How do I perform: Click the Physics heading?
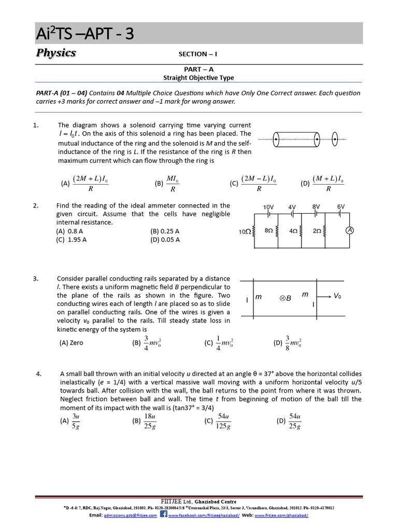click(x=56, y=53)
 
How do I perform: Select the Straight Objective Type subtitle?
click(x=198, y=78)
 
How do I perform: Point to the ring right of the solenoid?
click(x=335, y=139)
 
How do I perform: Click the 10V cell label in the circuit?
click(x=268, y=206)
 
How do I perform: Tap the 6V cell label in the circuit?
click(x=340, y=206)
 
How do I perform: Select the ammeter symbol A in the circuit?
click(x=349, y=231)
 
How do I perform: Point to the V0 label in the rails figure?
click(x=337, y=296)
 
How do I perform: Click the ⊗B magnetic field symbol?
click(x=286, y=298)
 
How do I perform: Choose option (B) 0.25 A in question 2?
click(x=165, y=231)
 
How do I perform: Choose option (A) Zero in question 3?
click(x=72, y=343)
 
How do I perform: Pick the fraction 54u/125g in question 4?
click(x=224, y=421)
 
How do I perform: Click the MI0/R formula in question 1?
click(x=173, y=184)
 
